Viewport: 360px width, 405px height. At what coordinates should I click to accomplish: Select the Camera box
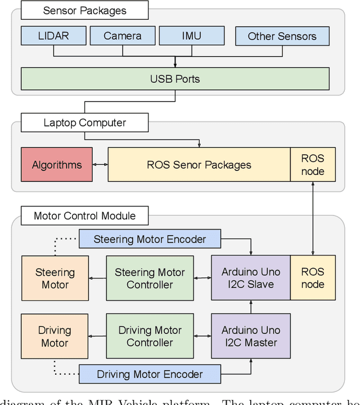tap(122, 36)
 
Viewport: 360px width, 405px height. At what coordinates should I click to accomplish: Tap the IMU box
tap(191, 36)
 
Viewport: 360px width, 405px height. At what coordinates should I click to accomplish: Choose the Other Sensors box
tap(282, 36)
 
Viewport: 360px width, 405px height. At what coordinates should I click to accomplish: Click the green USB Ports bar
tap(175, 79)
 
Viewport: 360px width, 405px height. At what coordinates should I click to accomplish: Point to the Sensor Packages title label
tap(85, 10)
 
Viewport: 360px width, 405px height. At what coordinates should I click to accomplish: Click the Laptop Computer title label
tap(85, 123)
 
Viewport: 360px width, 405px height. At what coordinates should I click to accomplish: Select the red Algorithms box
tap(56, 165)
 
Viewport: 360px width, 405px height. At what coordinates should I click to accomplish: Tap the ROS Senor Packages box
tap(199, 165)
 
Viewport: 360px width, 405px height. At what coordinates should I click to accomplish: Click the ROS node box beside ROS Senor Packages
tap(312, 165)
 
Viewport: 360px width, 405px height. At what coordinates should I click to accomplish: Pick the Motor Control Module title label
tap(85, 216)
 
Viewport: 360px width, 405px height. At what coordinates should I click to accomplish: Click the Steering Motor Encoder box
tap(150, 239)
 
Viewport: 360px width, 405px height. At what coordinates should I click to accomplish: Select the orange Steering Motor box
tap(55, 278)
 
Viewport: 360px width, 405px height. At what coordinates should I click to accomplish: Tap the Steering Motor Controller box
tap(150, 278)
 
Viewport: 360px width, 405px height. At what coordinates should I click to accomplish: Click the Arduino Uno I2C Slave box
tap(250, 278)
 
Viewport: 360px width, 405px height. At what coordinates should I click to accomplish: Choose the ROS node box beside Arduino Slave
tap(312, 278)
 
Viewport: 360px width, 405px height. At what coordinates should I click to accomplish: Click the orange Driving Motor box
tap(55, 336)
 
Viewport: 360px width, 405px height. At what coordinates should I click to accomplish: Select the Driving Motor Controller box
tap(150, 336)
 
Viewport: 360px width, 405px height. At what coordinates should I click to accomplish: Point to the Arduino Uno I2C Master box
tap(250, 336)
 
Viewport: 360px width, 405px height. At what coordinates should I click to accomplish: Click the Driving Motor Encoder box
tap(150, 374)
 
